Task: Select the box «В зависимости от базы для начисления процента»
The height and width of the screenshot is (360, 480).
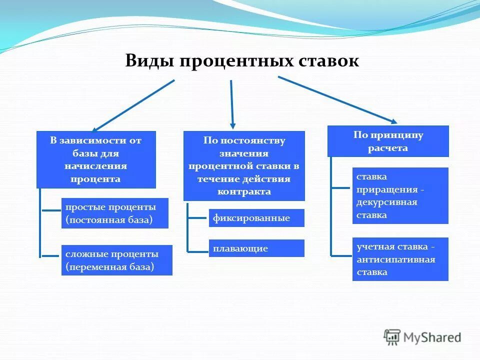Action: coord(96,159)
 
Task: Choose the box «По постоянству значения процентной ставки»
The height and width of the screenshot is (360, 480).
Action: coord(244,165)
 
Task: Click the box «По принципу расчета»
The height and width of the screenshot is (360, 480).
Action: coord(388,141)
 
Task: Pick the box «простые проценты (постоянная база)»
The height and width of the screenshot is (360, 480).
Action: coord(114,213)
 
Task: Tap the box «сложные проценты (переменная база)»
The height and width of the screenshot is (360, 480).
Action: coord(116,260)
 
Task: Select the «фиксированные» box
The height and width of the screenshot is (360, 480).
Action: coord(256,218)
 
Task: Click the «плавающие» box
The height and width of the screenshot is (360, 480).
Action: coord(256,248)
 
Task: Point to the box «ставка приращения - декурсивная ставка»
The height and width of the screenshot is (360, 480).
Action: coord(400,195)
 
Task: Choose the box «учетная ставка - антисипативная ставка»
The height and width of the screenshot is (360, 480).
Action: coord(400,259)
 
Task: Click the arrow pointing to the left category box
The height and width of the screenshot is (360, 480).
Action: coord(134,105)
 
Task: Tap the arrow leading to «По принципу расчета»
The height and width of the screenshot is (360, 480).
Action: coord(337,99)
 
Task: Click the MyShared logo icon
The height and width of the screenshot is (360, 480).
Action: coord(392,338)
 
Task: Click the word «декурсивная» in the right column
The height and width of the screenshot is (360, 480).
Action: coord(386,202)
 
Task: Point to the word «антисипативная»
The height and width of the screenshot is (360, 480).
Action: coord(395,259)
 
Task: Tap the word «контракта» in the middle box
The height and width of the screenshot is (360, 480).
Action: coord(244,191)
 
